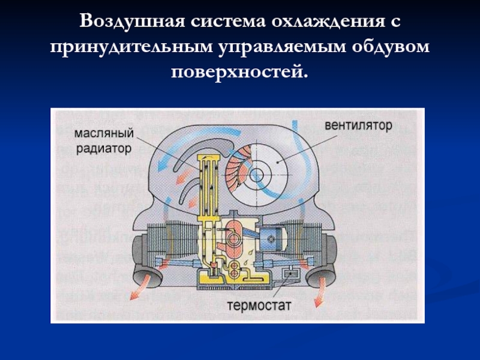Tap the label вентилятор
coord(358,127)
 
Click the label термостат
coord(259,305)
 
